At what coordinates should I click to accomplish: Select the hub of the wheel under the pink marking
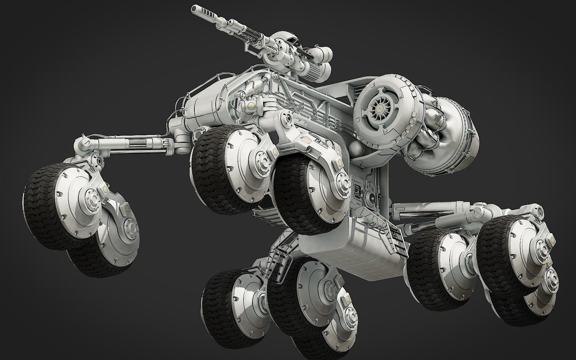(x=342, y=183)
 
